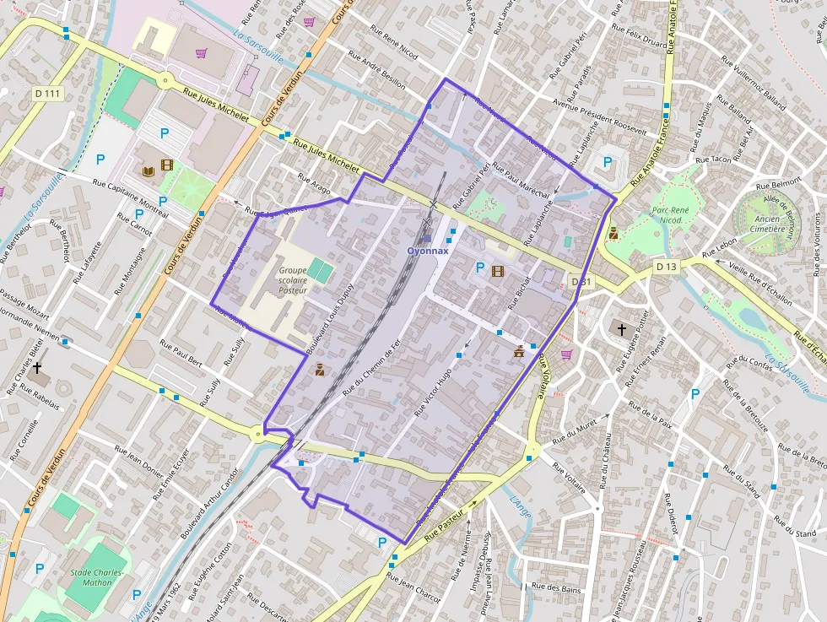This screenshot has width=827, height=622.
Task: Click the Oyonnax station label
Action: tap(429, 251)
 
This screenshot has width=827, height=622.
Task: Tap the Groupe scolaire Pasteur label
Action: tap(293, 280)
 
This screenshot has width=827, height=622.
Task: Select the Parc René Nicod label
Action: tap(678, 215)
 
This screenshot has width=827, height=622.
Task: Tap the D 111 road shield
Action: tap(47, 93)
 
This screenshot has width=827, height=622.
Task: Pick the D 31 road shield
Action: tap(581, 281)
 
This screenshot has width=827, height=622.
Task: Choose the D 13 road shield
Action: tap(666, 267)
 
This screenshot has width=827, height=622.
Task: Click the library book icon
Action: tap(149, 171)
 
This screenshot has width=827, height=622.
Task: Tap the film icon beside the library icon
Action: tap(167, 165)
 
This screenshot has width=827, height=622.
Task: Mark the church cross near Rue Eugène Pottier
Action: tap(622, 327)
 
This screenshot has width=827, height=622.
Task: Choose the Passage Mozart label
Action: tap(26, 298)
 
